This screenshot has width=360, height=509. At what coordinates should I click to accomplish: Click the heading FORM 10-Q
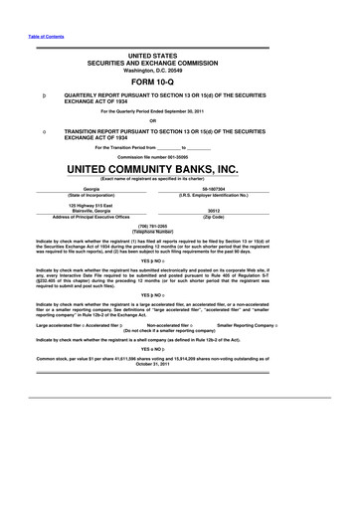click(x=179, y=83)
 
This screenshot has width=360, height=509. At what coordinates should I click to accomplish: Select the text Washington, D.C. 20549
click(x=179, y=69)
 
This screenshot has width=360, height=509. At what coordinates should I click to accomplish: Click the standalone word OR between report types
click(x=180, y=122)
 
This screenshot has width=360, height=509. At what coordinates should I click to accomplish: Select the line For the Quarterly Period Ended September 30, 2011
click(x=179, y=111)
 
